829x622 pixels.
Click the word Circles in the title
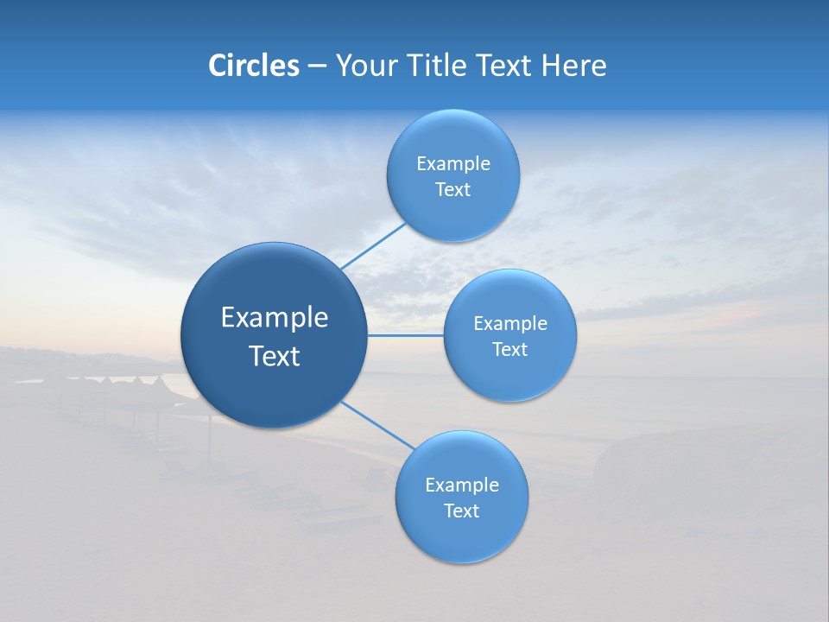253,66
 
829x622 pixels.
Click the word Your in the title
363,66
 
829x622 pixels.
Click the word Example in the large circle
275,318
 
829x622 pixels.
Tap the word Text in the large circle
275,356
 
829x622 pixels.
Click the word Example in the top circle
453,164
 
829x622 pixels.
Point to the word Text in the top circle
453,190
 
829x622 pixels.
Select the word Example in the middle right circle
510,324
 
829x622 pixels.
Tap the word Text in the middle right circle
510,350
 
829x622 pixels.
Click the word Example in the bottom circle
462,486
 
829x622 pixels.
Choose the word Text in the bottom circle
462,511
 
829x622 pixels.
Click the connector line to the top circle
373,245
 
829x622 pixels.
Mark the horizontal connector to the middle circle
405,335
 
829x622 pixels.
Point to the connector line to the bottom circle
378,425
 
